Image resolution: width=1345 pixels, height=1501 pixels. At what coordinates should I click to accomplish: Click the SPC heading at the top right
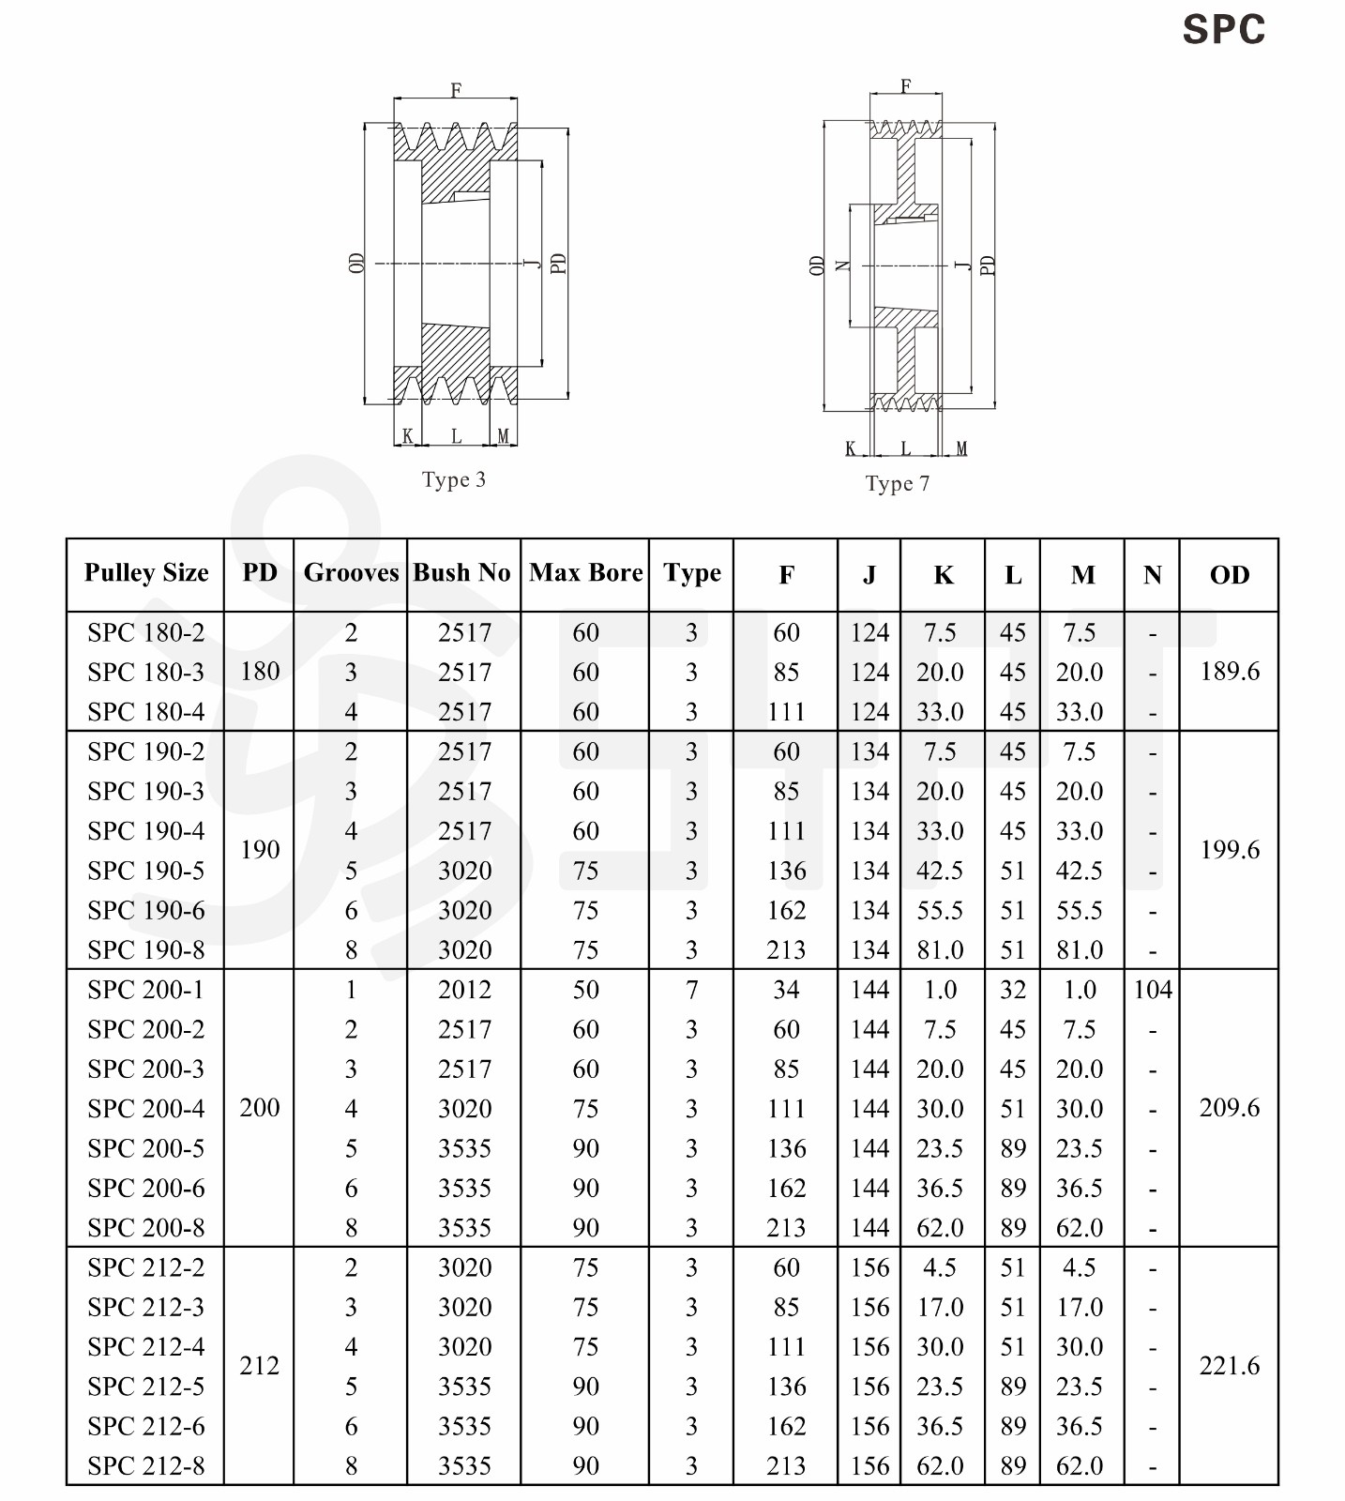[x=1223, y=30]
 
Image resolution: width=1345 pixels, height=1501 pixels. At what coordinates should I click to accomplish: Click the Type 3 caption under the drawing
[x=454, y=480]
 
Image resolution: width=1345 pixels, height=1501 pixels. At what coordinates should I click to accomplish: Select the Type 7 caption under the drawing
[x=898, y=484]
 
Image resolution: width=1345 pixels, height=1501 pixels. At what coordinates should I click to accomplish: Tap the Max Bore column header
[x=585, y=573]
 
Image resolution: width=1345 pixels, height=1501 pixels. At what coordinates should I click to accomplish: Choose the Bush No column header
[x=462, y=573]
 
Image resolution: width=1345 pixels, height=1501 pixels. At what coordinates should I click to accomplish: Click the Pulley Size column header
[x=146, y=573]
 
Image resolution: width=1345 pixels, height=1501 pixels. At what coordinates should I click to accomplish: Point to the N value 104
[x=1153, y=990]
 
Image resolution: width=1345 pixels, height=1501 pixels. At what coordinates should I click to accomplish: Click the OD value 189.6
[x=1230, y=672]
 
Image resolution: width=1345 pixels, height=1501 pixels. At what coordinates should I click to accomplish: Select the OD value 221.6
[x=1230, y=1366]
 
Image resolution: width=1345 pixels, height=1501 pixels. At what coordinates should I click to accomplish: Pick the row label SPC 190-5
[x=146, y=872]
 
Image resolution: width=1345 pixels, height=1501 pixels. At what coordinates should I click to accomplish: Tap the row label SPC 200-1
[x=146, y=990]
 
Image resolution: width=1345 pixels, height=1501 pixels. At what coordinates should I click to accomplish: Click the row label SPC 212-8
[x=146, y=1466]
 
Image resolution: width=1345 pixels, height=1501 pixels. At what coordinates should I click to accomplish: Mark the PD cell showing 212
[x=260, y=1366]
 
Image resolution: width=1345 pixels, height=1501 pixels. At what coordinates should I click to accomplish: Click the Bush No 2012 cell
[x=464, y=990]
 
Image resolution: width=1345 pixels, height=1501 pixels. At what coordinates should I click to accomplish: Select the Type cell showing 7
[x=691, y=990]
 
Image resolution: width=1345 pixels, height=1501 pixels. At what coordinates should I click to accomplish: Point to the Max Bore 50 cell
[x=585, y=990]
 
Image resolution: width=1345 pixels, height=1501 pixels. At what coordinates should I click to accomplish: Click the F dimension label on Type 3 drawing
[x=456, y=90]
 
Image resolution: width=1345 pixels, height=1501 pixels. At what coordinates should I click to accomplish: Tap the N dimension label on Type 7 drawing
[x=842, y=265]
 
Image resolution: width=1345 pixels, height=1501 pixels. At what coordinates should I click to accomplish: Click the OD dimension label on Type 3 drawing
[x=356, y=263]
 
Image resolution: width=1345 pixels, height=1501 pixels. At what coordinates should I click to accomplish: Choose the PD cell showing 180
[x=260, y=672]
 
